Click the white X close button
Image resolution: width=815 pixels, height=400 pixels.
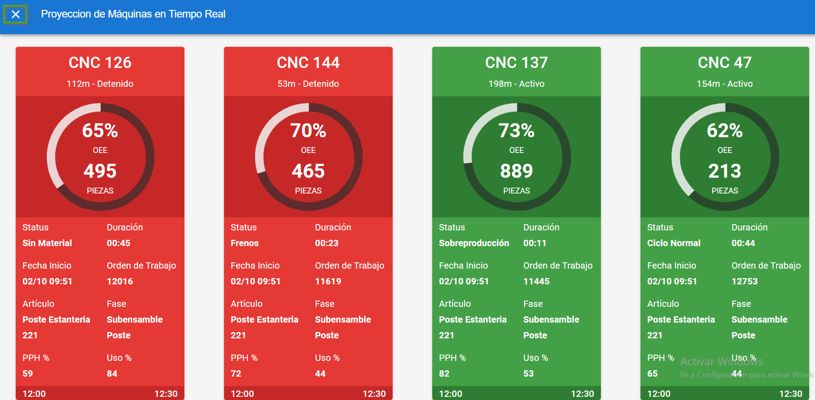16,14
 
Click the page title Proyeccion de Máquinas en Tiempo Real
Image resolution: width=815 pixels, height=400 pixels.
133,14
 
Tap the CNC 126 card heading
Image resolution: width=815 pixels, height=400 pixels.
100,63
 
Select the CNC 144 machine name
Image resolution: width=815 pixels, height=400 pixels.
308,63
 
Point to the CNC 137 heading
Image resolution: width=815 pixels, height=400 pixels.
516,63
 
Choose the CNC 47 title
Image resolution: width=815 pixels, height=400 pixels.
725,63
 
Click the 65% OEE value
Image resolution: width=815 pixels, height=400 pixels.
100,131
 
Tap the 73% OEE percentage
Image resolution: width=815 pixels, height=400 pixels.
516,131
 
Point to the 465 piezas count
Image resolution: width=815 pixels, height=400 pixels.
308,171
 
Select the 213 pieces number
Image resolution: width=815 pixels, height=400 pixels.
725,171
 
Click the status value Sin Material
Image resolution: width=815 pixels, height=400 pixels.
47,243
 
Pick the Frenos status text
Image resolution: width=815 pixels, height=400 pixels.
245,243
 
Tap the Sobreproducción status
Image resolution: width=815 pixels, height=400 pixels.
474,243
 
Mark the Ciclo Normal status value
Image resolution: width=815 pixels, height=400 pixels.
674,243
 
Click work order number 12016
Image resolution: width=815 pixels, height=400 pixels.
120,281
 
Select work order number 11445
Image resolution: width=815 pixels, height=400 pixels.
536,281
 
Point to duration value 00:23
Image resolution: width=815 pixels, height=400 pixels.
327,243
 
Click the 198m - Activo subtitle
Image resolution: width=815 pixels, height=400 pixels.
516,84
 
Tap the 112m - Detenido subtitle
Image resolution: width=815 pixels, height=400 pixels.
100,84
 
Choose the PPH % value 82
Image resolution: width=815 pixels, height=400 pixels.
444,373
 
